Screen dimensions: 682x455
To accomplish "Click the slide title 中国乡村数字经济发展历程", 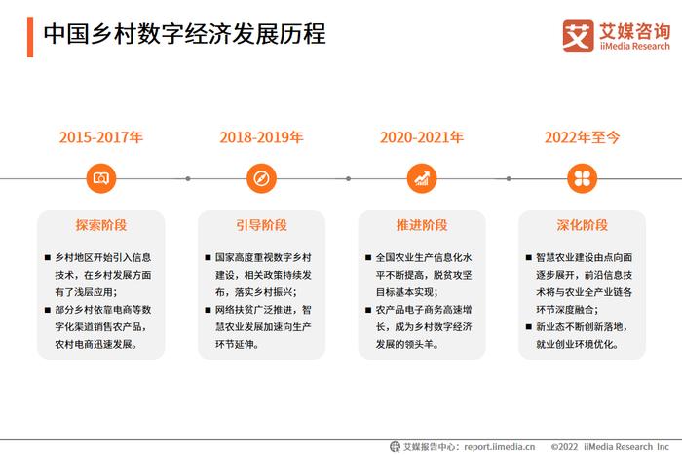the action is click(184, 34).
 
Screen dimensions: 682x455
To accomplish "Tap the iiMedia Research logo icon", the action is click(578, 36).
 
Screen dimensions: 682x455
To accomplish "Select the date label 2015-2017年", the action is click(101, 137).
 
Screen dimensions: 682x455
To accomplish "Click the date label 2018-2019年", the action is click(261, 137).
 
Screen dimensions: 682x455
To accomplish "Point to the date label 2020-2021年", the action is click(422, 137).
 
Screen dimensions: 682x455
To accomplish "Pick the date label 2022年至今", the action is click(582, 137).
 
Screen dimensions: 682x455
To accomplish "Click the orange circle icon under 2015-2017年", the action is click(101, 178).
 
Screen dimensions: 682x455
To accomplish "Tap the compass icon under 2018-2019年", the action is click(261, 178).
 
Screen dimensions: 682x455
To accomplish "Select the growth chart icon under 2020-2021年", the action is click(422, 178).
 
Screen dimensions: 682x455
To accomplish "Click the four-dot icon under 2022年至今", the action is click(582, 178).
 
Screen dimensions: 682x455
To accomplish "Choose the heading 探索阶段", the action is click(101, 225).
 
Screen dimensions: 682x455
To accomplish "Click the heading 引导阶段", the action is click(261, 225).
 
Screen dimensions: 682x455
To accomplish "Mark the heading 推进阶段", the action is click(422, 225).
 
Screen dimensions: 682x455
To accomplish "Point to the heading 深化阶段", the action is click(582, 225).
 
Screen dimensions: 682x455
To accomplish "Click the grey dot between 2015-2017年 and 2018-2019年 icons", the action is click(188, 178).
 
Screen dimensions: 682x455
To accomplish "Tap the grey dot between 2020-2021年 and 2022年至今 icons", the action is click(509, 178).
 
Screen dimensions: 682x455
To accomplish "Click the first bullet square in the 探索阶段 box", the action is click(48, 257).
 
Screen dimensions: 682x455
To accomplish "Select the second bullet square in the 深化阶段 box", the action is click(528, 327).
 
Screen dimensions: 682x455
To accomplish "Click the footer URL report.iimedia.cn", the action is click(499, 447).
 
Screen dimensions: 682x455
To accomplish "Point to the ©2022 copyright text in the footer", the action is click(564, 447).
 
